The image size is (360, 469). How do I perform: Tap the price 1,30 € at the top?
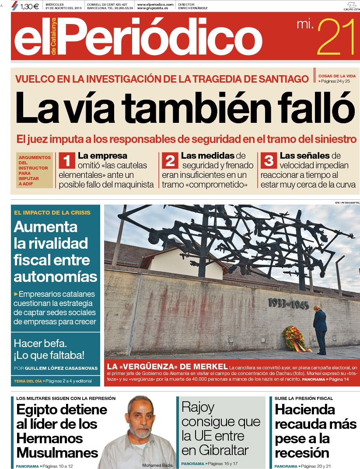29,6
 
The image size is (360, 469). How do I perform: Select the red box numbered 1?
67,161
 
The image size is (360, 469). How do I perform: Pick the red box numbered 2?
170,161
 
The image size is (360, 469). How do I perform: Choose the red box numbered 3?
269,161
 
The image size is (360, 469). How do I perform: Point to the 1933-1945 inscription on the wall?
288,303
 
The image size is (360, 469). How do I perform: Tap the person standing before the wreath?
320,329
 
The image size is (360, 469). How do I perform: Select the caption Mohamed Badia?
158,465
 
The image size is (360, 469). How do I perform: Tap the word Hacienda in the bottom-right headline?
305,410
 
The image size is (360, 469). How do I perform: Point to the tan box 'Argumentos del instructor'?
35,170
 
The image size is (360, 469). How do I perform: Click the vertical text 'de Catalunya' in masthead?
54,37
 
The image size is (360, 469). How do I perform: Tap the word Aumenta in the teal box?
45,226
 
